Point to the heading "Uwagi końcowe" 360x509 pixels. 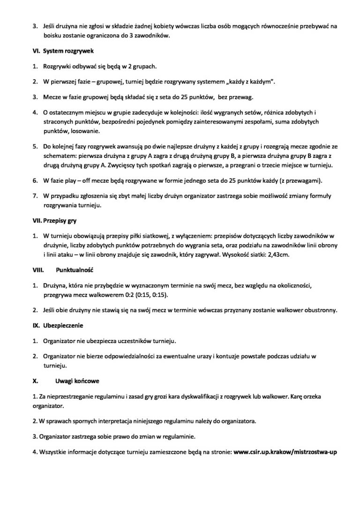[77, 381]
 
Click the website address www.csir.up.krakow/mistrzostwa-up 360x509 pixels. [285, 452]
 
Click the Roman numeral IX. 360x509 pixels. [35, 325]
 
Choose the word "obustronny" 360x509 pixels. [318, 310]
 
